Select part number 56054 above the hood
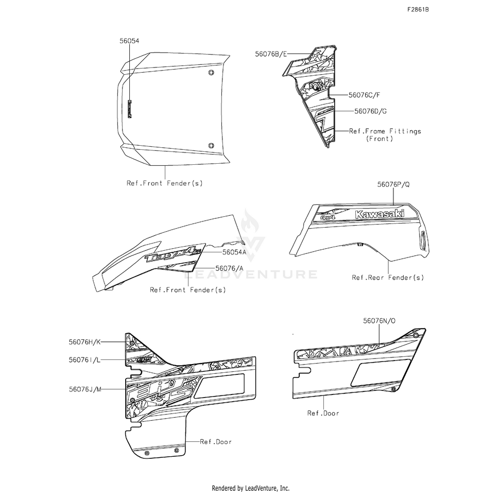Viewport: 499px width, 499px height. [129, 40]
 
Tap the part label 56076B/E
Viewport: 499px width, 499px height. [271, 53]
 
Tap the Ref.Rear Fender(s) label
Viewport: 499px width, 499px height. [388, 278]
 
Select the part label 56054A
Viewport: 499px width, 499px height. [234, 252]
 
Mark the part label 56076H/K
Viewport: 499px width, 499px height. [84, 341]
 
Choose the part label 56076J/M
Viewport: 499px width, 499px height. [84, 389]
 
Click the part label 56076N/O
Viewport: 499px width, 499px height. [379, 320]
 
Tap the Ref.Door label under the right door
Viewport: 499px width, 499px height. [323, 412]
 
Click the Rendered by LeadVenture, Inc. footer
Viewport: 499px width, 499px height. [251, 488]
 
